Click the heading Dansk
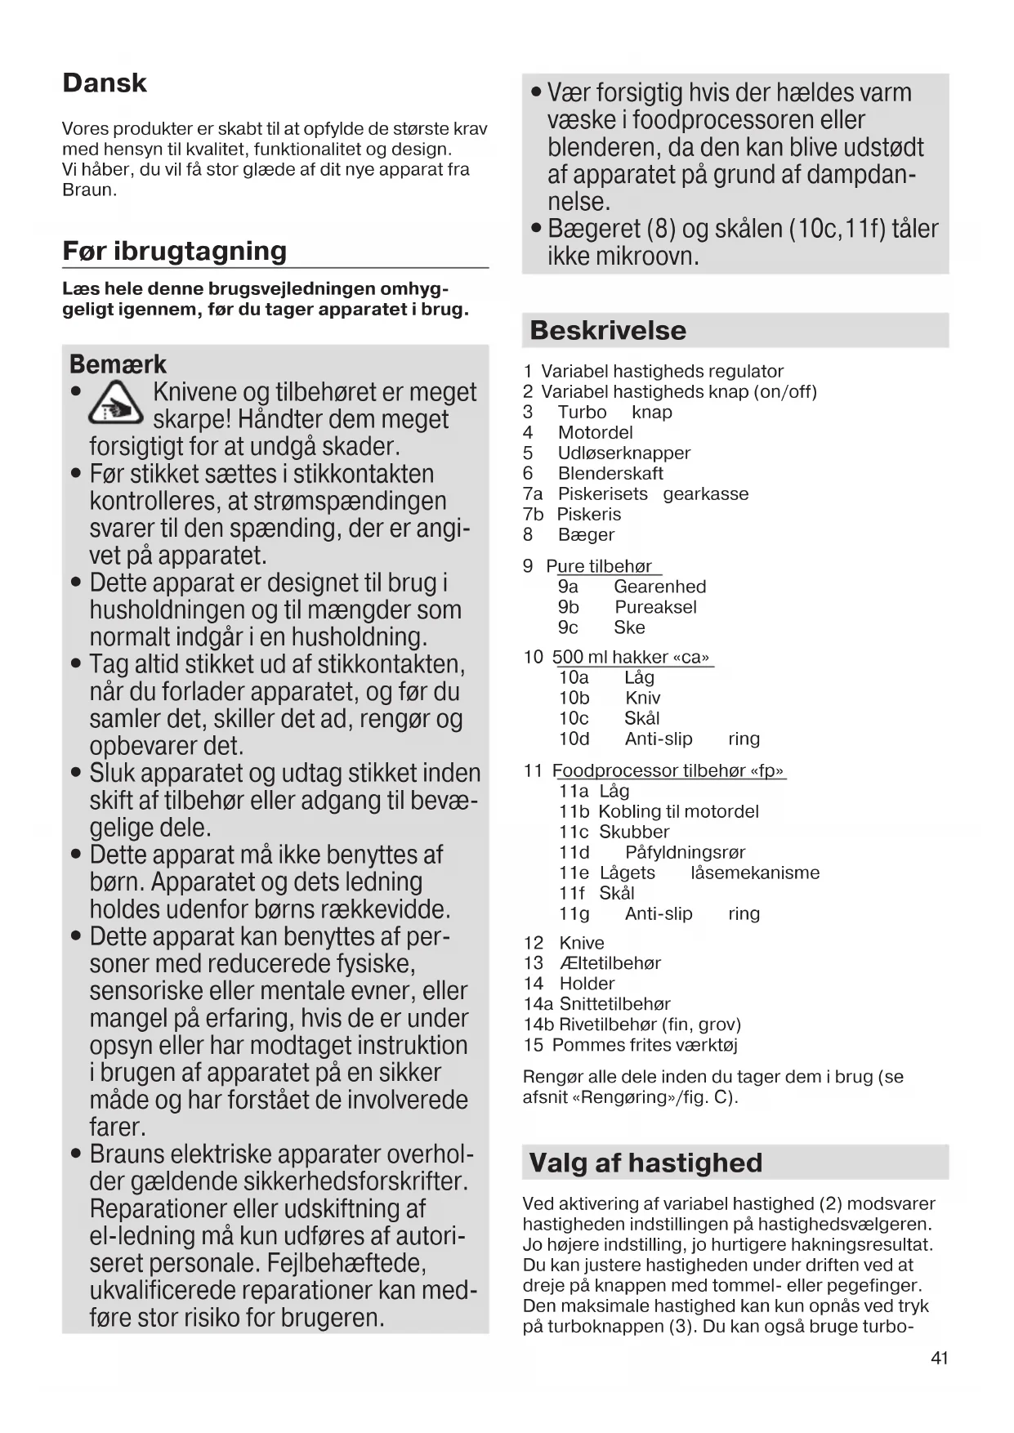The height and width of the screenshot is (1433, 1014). coord(105,83)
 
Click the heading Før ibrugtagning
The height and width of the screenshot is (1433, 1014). coord(175,251)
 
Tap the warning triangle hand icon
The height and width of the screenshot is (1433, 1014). coord(116,406)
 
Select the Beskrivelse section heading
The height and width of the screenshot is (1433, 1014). coord(608,330)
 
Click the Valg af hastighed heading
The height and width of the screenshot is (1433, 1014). coord(645,1163)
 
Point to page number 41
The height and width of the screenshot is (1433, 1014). coord(939,1358)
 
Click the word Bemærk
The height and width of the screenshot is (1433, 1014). coord(118,364)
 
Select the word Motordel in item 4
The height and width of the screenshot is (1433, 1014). coord(595,432)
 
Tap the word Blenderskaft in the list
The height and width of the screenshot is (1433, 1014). coord(610,473)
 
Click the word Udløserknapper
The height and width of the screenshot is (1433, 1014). coord(624,453)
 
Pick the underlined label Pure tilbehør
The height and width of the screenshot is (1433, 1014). coord(599,566)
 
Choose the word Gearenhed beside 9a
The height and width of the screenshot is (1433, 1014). coord(659,587)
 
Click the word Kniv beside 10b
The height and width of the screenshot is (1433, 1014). coord(642,698)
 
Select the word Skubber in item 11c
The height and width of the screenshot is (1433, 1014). coord(634,832)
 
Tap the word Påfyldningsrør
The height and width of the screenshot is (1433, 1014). coord(685,852)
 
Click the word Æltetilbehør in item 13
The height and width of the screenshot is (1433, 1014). coord(610,963)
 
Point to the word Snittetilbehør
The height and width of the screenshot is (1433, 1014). coord(614,1004)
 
